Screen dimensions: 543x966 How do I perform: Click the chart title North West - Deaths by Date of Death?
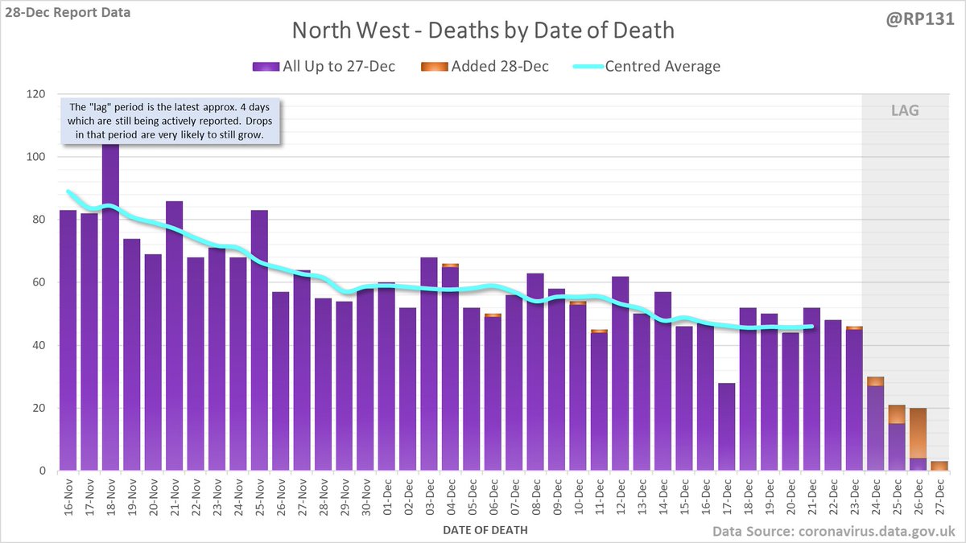click(x=483, y=31)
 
